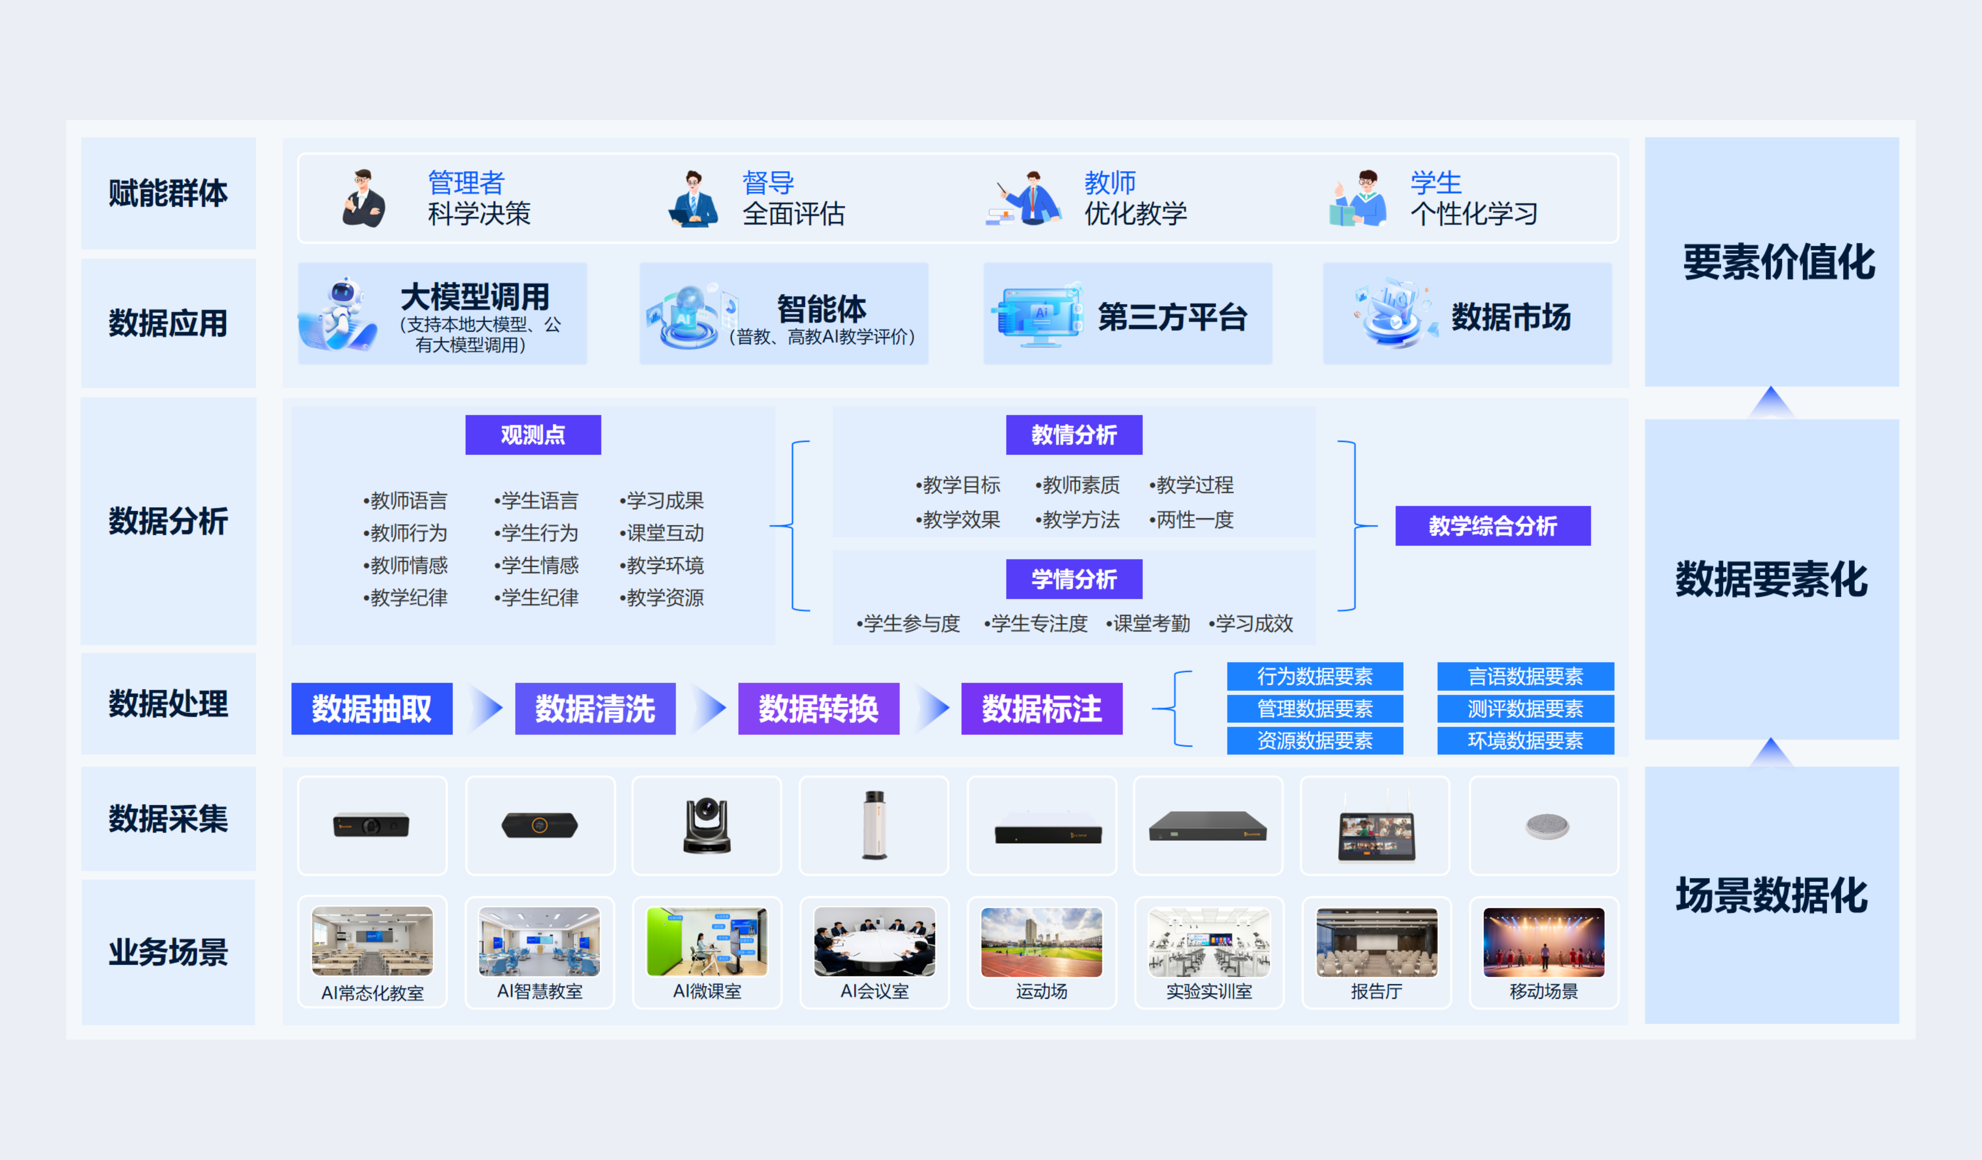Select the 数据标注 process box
tap(1041, 709)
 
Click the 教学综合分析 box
tap(1492, 525)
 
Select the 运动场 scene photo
tap(1041, 942)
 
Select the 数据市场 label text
tap(1510, 317)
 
